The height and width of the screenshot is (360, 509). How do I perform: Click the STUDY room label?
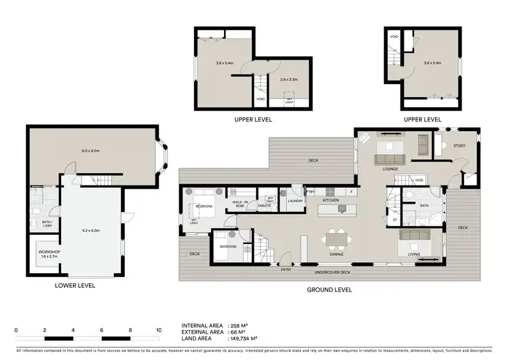coord(459,146)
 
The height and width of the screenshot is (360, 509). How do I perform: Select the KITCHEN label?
coord(331,201)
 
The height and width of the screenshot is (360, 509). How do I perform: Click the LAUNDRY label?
coord(295,202)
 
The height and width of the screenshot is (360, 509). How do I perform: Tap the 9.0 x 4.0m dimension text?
coord(89,152)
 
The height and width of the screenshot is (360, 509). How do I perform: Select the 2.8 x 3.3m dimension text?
coord(289,79)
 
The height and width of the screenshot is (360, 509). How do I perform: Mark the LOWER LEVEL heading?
coord(75,286)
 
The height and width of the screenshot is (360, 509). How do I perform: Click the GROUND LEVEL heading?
coord(330,289)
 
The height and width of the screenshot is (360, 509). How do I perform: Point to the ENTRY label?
coord(286,270)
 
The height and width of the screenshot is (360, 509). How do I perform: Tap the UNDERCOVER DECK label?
coord(332,273)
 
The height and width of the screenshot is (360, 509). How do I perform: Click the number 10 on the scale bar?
coord(159,329)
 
